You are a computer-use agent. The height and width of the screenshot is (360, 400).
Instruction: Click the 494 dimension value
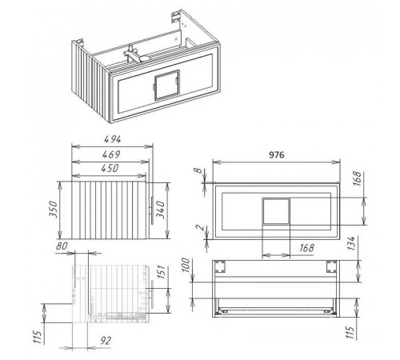point(112,139)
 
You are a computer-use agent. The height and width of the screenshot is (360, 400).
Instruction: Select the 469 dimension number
point(111,154)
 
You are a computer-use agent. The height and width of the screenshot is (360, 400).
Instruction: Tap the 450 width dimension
point(110,168)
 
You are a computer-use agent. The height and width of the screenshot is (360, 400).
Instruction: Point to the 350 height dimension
point(54,210)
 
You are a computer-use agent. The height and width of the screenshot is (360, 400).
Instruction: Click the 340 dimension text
point(160,210)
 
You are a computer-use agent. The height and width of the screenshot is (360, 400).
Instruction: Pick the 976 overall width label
point(277,154)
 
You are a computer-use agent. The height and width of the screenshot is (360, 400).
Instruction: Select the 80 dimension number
point(62,246)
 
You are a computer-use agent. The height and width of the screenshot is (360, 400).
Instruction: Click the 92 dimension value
point(106,341)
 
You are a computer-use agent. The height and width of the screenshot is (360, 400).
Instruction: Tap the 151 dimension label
point(161,272)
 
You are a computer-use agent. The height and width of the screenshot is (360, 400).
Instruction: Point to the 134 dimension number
point(351,243)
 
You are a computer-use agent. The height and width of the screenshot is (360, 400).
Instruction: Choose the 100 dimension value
point(186,265)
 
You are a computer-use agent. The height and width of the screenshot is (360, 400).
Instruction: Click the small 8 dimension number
point(198,170)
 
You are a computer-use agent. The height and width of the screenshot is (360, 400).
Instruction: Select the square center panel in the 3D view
point(167,85)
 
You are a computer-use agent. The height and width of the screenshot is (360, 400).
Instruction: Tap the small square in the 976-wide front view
point(276,211)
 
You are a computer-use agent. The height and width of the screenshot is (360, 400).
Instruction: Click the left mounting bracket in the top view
point(220,266)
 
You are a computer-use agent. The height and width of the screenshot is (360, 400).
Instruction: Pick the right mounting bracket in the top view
point(332,266)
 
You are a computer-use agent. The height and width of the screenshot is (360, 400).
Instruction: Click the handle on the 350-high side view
point(152,210)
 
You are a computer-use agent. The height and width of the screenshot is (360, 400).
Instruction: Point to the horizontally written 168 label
point(306,248)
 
